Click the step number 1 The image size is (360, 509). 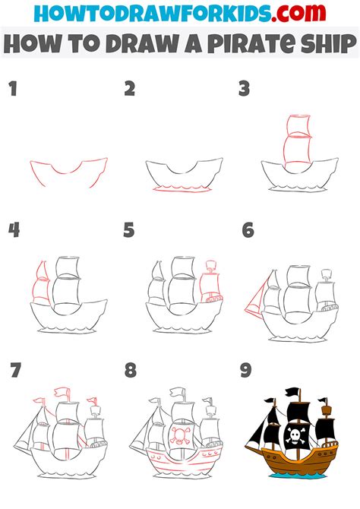point(14,89)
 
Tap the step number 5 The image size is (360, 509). point(129,230)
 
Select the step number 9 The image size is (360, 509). point(246,370)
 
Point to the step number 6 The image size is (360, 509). point(248,230)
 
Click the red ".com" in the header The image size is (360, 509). point(298,13)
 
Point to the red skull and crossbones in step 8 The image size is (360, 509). point(179,435)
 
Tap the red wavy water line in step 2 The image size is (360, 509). point(182,189)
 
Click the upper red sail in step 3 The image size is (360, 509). point(298,125)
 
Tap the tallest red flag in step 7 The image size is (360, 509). point(62,392)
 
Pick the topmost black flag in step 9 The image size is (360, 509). point(293,392)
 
